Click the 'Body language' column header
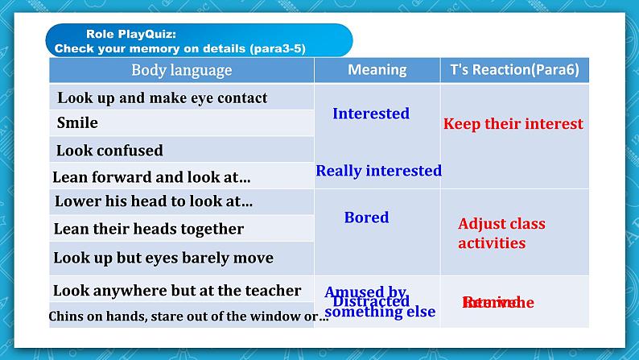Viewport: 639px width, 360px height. (181, 70)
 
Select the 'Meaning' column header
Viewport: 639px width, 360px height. (377, 70)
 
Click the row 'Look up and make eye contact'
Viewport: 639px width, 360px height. (163, 98)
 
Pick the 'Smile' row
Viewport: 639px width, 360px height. (77, 123)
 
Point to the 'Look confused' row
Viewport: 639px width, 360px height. (109, 151)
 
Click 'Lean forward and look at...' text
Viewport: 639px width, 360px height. (151, 177)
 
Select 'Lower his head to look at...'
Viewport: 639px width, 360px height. (154, 202)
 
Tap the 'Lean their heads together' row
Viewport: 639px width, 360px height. (149, 229)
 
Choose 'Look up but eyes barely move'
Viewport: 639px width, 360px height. (163, 259)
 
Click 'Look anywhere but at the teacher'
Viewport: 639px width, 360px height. (177, 291)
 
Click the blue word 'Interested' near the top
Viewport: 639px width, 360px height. (371, 114)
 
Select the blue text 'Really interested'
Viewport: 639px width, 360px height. (378, 171)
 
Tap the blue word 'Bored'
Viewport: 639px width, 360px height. (366, 217)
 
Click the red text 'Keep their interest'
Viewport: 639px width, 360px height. (513, 124)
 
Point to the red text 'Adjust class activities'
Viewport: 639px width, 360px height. (501, 234)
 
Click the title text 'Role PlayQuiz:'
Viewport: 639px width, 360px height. (130, 35)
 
